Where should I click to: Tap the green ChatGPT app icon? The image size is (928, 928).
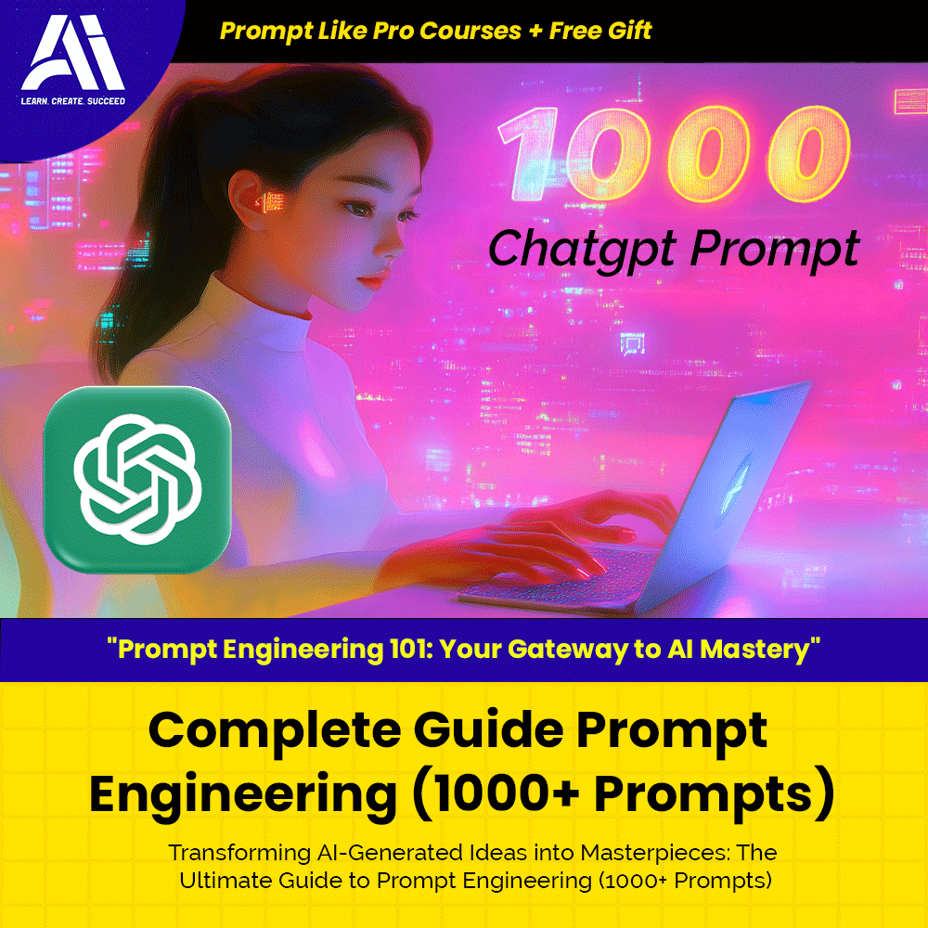click(137, 480)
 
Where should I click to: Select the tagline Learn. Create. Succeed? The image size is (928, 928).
click(72, 100)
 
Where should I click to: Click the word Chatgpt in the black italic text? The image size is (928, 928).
click(583, 249)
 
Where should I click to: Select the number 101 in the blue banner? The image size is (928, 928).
click(406, 649)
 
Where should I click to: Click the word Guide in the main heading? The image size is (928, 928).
click(488, 729)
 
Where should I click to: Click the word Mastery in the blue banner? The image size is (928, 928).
click(763, 650)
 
